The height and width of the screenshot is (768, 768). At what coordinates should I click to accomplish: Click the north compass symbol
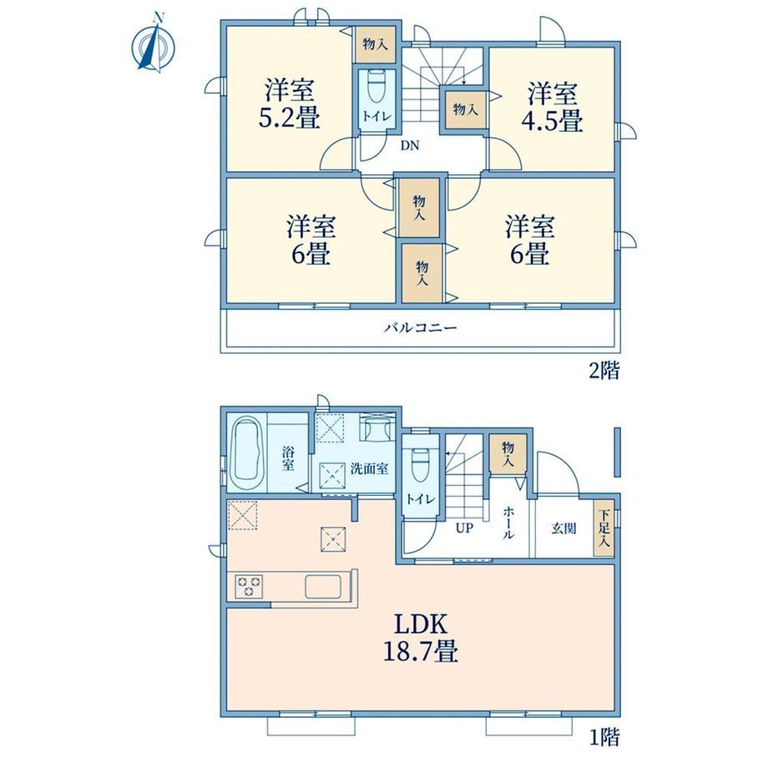(x=154, y=45)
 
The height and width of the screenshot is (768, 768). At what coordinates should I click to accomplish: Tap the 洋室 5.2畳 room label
(x=289, y=104)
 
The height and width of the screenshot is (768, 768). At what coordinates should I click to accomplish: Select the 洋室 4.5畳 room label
(x=552, y=107)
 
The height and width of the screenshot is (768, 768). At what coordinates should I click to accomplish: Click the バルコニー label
(x=420, y=327)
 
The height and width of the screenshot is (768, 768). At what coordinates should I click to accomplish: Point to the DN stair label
(x=410, y=145)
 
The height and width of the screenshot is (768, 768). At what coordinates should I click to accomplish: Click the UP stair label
(x=464, y=528)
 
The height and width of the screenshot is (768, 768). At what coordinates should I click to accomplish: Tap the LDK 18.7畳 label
(x=420, y=639)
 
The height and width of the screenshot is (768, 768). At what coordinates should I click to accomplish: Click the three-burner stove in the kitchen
(x=249, y=586)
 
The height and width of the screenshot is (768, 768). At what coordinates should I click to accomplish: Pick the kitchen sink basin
(x=323, y=586)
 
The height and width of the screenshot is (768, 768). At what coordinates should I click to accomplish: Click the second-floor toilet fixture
(x=377, y=86)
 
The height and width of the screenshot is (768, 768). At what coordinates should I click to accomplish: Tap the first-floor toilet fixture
(x=421, y=466)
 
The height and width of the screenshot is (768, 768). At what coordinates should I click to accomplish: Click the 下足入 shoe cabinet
(x=604, y=528)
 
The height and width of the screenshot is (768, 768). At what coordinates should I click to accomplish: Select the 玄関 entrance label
(x=563, y=528)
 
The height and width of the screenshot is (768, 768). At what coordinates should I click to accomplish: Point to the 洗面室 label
(x=369, y=469)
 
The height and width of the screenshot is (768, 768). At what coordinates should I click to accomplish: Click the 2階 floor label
(x=604, y=371)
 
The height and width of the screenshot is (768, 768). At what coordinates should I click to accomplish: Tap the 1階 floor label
(x=604, y=750)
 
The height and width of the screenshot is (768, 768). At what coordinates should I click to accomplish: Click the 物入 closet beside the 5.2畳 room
(x=375, y=44)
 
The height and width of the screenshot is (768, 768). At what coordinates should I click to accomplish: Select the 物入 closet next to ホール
(x=508, y=453)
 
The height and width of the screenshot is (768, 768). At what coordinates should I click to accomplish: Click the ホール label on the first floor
(x=508, y=523)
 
